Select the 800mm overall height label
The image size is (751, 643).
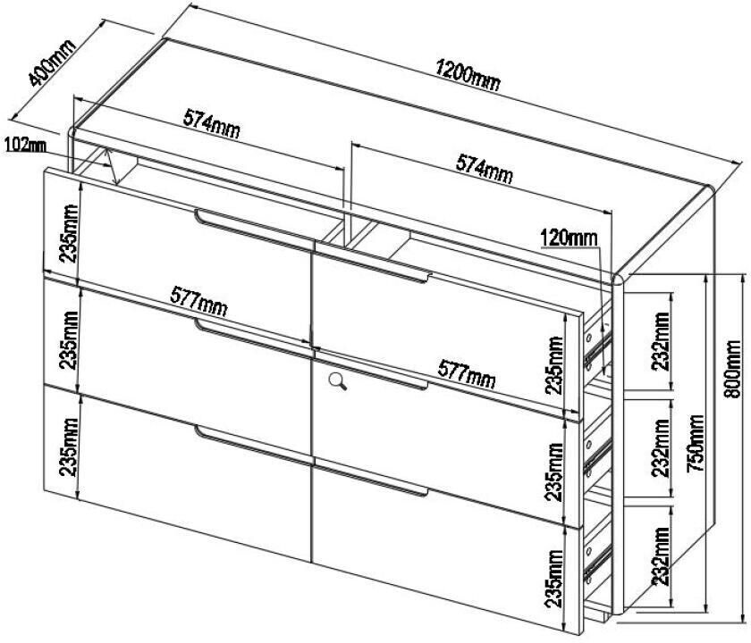tap(734, 367)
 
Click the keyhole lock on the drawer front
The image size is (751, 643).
tap(338, 382)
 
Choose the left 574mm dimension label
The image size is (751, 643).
tap(212, 122)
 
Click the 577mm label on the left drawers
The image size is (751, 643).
tap(198, 305)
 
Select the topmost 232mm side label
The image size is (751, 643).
tap(661, 344)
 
